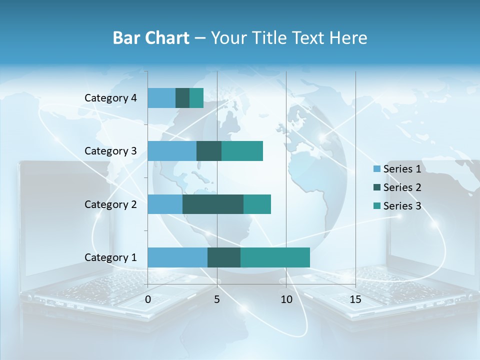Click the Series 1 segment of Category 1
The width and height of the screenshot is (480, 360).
click(x=177, y=257)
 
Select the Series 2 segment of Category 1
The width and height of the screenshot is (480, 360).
click(x=224, y=257)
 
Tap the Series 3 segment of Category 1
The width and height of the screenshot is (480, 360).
click(x=275, y=257)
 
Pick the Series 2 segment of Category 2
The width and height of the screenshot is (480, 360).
click(x=213, y=204)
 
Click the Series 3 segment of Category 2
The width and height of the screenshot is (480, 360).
click(x=257, y=204)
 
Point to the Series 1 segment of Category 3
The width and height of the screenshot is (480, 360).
click(x=172, y=151)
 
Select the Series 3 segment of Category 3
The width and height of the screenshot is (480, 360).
click(x=242, y=151)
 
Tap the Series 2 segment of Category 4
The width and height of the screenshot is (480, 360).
click(x=182, y=98)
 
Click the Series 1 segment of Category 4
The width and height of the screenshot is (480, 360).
click(x=161, y=98)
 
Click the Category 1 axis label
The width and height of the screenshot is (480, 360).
click(x=110, y=257)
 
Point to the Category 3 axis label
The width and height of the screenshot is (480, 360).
click(x=110, y=151)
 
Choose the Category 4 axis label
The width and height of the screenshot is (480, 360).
click(x=110, y=98)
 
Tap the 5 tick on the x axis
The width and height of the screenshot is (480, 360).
click(x=217, y=299)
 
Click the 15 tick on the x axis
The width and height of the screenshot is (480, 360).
click(x=355, y=299)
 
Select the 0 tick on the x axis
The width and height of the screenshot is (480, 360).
click(x=148, y=299)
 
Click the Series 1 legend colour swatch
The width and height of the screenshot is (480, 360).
click(x=376, y=169)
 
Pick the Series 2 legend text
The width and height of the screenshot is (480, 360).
click(x=402, y=187)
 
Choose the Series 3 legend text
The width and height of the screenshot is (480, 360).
click(x=402, y=206)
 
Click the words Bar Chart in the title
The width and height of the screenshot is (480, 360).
click(x=151, y=38)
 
